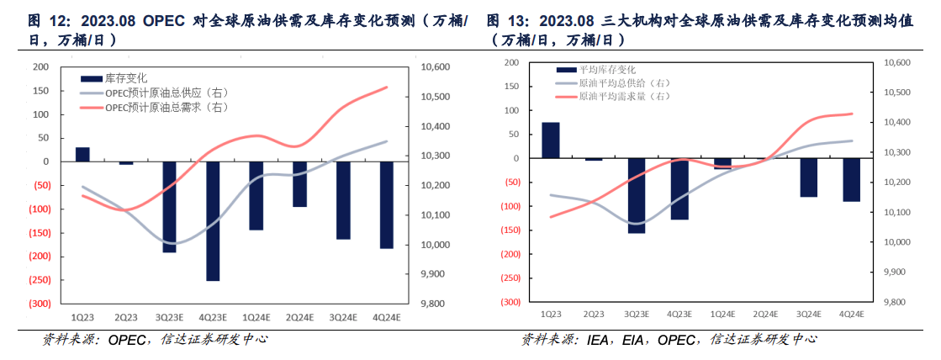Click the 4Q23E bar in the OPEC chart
coord(213,220)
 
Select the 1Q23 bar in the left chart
coord(82,154)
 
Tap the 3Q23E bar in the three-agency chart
coord(637,195)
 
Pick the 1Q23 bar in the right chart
coord(551,140)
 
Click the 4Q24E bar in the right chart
coord(852,179)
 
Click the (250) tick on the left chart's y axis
coord(39,280)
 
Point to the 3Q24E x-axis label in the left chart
coord(343,318)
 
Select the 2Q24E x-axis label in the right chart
coord(765,314)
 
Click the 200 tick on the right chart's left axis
coord(510,63)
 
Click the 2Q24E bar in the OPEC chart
coord(300,183)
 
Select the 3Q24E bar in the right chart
coord(809,177)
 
